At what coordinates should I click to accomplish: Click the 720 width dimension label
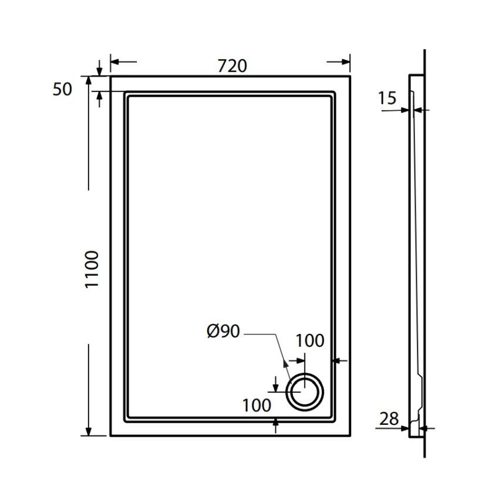click(232, 66)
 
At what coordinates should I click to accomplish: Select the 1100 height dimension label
click(92, 269)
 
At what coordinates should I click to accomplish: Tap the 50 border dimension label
click(62, 89)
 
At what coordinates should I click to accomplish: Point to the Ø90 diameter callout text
click(224, 331)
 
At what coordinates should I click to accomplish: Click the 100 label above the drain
click(310, 341)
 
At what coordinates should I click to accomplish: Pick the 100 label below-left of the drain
click(257, 406)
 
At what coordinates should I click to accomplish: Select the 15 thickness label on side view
click(387, 98)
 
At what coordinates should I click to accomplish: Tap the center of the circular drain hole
click(305, 391)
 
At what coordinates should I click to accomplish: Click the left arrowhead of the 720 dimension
click(114, 62)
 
